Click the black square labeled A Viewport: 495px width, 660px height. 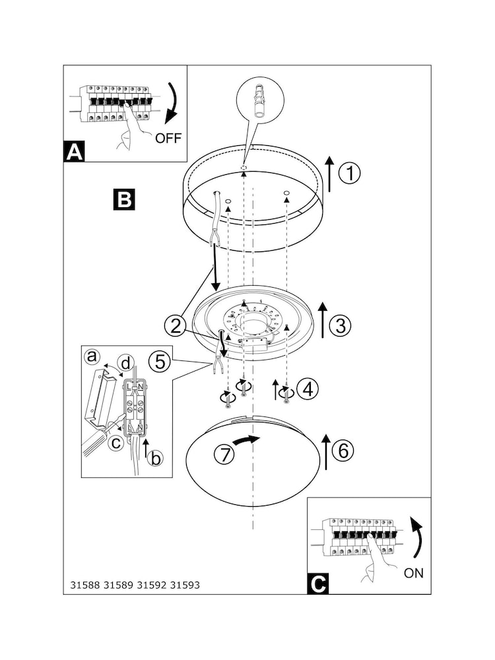pos(75,152)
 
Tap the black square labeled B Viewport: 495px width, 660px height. pos(125,199)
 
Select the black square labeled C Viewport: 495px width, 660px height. pos(318,584)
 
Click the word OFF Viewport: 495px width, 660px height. pos(168,138)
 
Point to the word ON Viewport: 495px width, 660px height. pos(414,573)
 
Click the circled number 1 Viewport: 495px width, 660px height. pos(349,174)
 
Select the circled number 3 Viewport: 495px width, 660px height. pos(341,325)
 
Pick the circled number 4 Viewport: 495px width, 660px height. pos(308,389)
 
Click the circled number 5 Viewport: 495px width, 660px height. pos(160,362)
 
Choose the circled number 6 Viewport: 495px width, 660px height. pos(343,451)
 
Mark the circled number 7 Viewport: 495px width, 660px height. pos(224,455)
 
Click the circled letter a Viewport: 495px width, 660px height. pos(92,356)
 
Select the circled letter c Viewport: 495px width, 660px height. pos(115,442)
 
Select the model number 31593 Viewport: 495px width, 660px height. pos(185,585)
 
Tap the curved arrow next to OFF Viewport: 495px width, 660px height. pos(175,103)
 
